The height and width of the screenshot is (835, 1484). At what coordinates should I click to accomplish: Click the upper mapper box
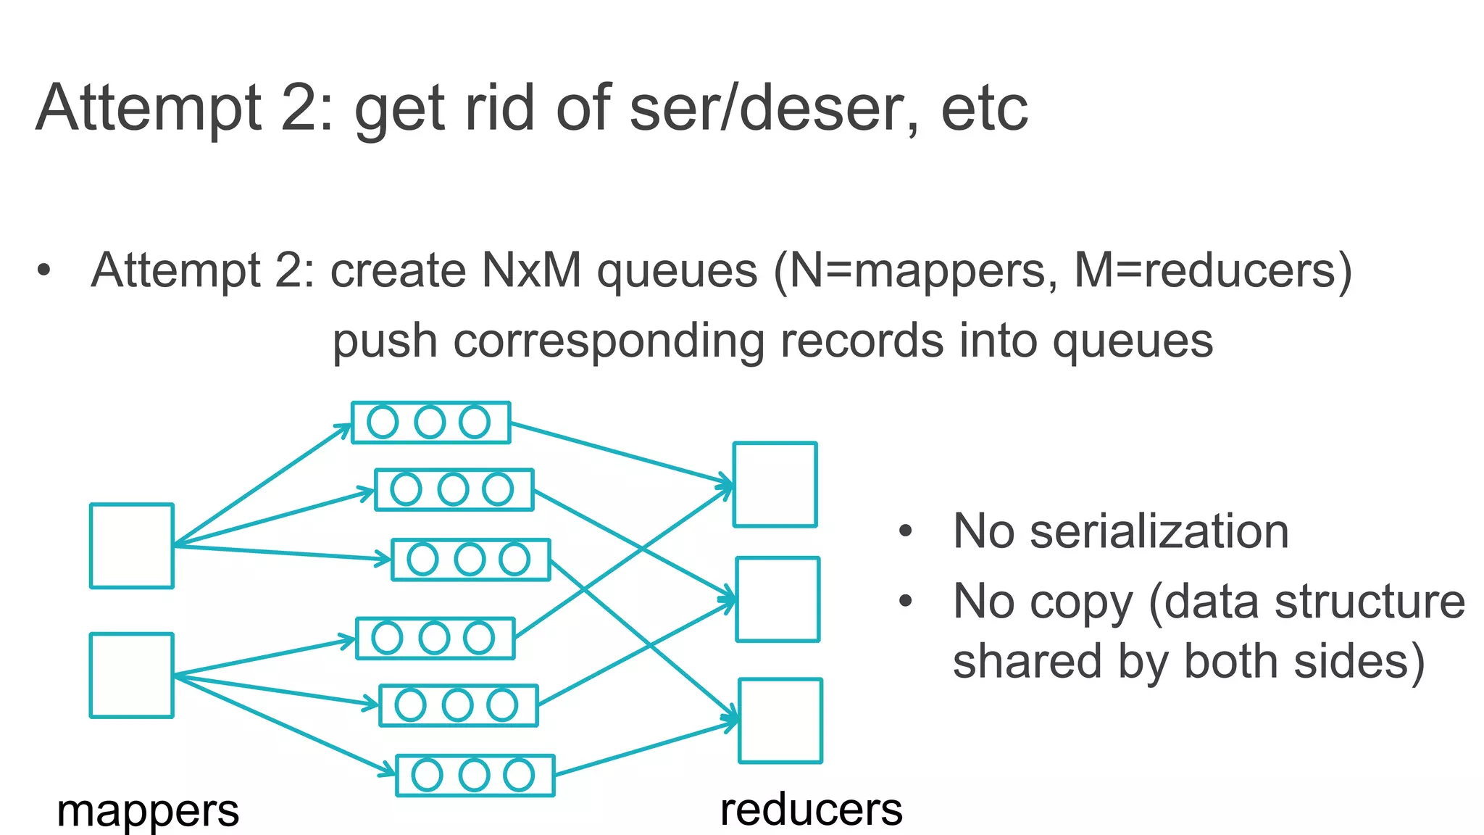click(131, 546)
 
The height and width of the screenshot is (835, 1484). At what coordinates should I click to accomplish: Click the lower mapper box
click(131, 676)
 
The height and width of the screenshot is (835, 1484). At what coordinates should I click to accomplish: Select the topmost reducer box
click(775, 484)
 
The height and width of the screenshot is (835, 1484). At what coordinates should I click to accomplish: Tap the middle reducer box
click(778, 599)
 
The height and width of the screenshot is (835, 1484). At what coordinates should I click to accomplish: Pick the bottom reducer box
click(780, 720)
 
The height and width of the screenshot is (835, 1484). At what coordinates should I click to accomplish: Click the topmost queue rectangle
click(430, 423)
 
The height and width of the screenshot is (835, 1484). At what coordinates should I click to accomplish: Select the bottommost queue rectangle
click(475, 776)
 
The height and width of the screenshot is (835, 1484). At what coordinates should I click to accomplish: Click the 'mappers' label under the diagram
click(148, 810)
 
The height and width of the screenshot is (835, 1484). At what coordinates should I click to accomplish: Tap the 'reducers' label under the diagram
click(811, 809)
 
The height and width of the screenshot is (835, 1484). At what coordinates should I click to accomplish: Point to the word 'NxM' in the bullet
click(531, 271)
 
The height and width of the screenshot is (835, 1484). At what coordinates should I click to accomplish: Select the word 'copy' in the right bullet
click(1078, 602)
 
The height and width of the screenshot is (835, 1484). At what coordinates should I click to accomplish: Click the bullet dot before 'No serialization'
click(905, 531)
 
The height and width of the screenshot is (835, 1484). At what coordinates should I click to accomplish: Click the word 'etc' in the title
click(984, 109)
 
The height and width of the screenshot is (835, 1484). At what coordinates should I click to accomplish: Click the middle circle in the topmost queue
click(430, 423)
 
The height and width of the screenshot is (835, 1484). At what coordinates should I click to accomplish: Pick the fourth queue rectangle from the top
click(435, 639)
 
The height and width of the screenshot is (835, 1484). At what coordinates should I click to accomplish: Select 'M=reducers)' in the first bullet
click(1213, 271)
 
